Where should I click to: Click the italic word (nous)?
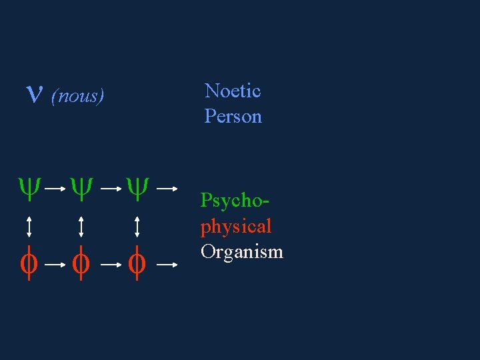pyautogui.click(x=77, y=97)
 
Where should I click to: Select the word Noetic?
pyautogui.click(x=232, y=91)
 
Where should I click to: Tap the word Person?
pyautogui.click(x=233, y=116)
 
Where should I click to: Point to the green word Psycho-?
pyautogui.click(x=229, y=201)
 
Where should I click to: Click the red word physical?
pyautogui.click(x=236, y=227)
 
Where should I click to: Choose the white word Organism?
pyautogui.click(x=241, y=252)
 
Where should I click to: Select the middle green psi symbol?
pyautogui.click(x=80, y=188)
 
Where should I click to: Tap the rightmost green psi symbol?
pyautogui.click(x=137, y=188)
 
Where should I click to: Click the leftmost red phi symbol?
pyautogui.click(x=28, y=264)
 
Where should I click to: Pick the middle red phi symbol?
pyautogui.click(x=80, y=264)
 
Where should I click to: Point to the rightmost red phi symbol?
pyautogui.click(x=137, y=264)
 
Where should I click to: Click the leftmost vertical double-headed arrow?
pyautogui.click(x=29, y=227)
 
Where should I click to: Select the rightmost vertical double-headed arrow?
pyautogui.click(x=137, y=227)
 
